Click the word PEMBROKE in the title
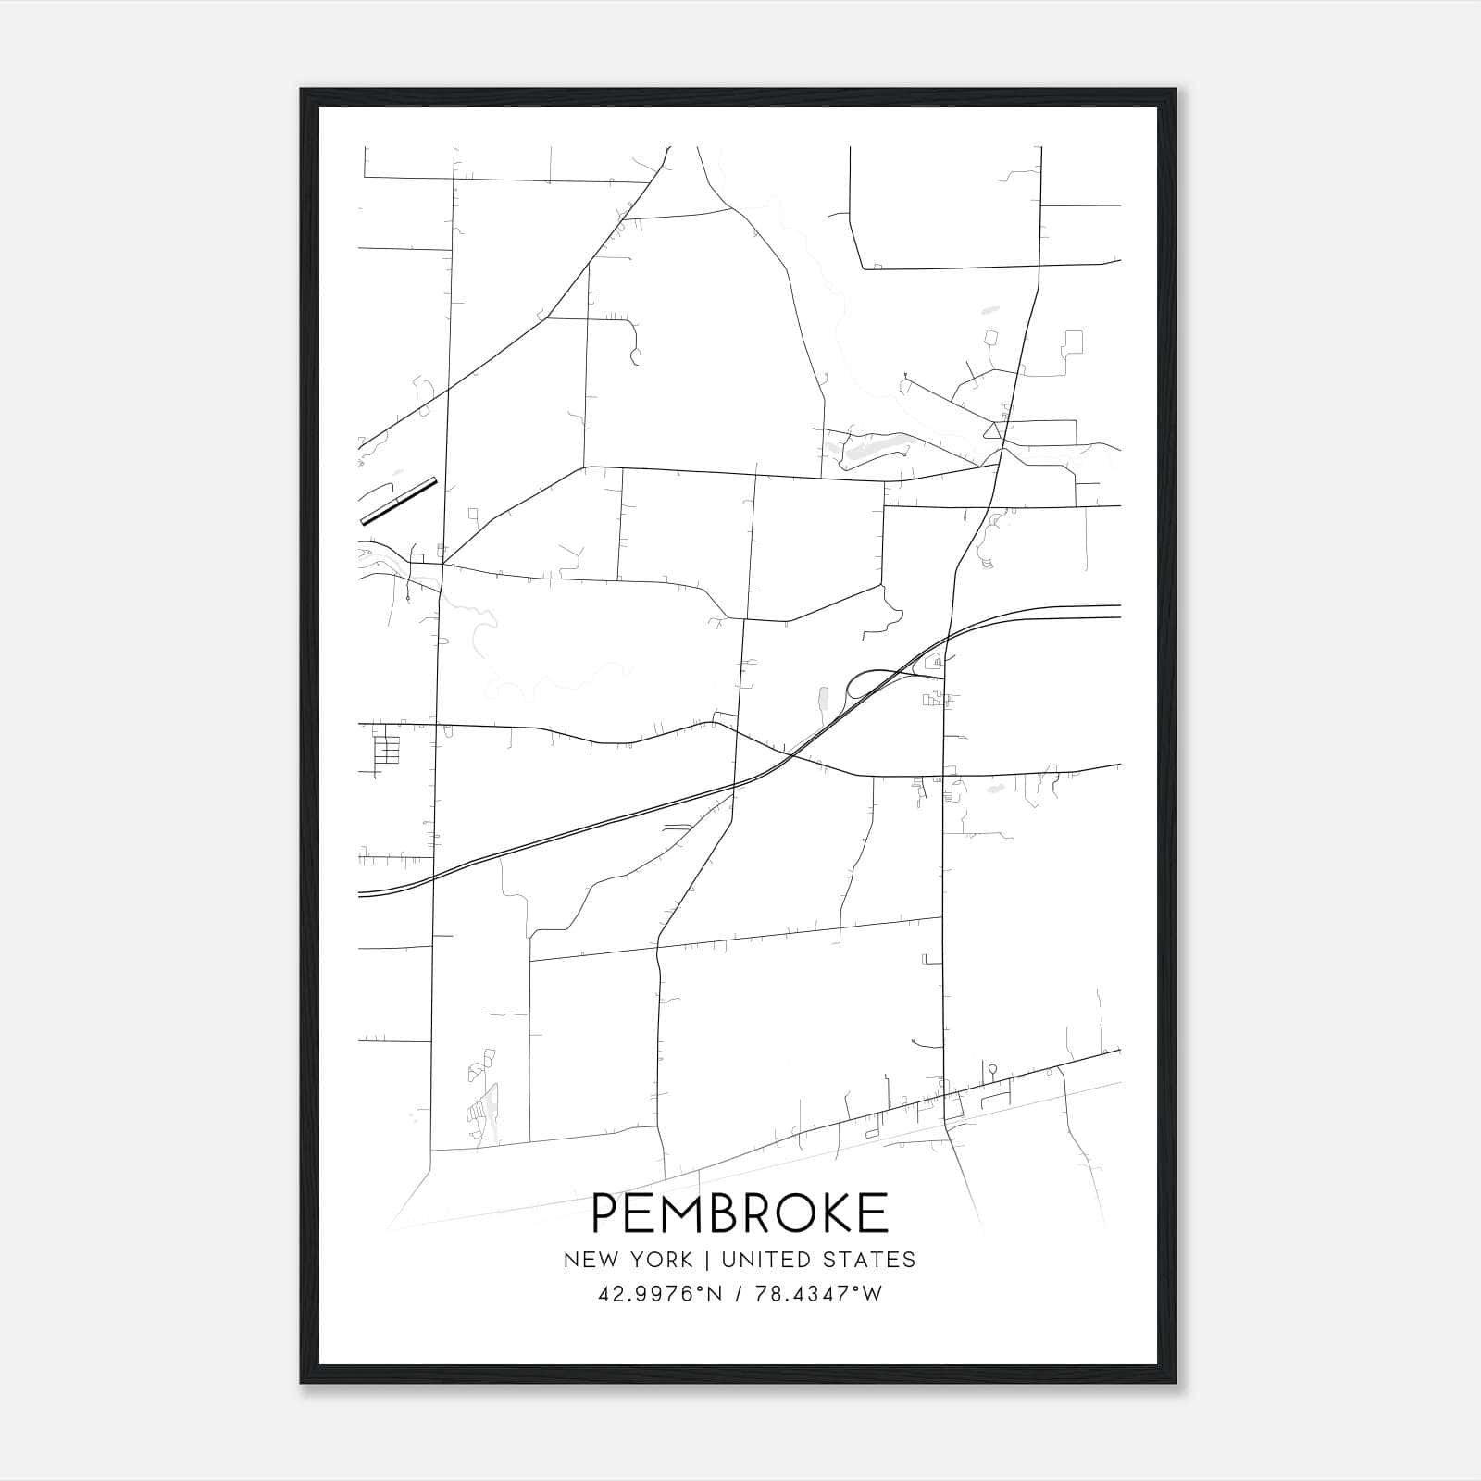point(740,1213)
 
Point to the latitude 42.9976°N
point(659,1294)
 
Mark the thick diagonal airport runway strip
point(398,501)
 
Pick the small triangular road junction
point(993,429)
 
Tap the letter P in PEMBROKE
point(605,1213)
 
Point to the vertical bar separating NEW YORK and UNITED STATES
point(706,1260)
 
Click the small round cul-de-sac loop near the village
point(992,1069)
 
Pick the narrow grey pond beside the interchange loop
point(822,701)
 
